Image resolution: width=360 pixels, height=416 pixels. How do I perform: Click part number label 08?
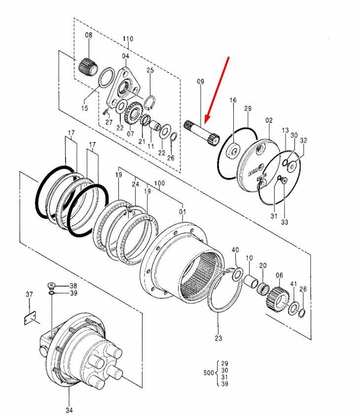89,35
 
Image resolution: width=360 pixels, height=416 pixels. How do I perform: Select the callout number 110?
128,38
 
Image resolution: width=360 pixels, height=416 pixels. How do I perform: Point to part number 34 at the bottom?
69,410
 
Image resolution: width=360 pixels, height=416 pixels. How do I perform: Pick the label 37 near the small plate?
30,295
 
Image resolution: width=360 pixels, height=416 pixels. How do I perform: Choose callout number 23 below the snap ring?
218,338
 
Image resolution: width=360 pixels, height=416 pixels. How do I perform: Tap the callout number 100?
159,183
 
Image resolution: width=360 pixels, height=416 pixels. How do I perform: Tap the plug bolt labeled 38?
52,285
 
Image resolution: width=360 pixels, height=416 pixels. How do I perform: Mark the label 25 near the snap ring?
150,71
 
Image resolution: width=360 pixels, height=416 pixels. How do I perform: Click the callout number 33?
285,223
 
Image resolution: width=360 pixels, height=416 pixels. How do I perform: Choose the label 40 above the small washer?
235,250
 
